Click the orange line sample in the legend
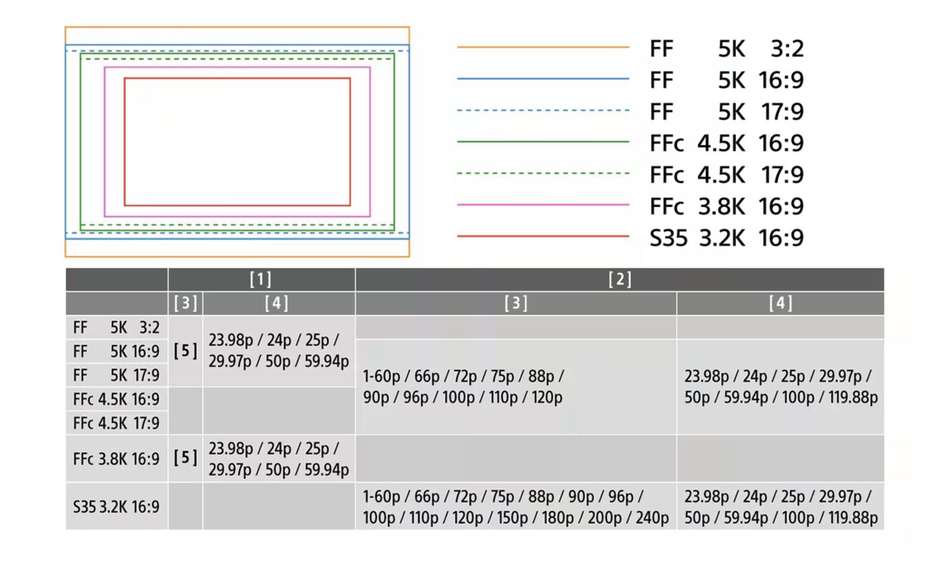(543, 47)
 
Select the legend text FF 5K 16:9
(727, 80)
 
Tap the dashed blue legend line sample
(543, 111)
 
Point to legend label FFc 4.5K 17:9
(727, 175)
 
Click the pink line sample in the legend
(543, 205)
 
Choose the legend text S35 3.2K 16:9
(727, 238)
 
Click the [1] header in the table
(261, 279)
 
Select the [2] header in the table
(620, 279)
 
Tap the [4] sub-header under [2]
(781, 303)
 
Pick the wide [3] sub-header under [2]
(516, 303)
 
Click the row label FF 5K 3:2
(116, 328)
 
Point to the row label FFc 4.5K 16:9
(116, 399)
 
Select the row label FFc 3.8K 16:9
(116, 459)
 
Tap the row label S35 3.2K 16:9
(116, 507)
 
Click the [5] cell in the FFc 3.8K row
(185, 458)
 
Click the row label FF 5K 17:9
(116, 375)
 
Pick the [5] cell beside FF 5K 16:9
(185, 351)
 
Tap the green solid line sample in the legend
(543, 142)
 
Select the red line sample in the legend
(543, 237)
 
